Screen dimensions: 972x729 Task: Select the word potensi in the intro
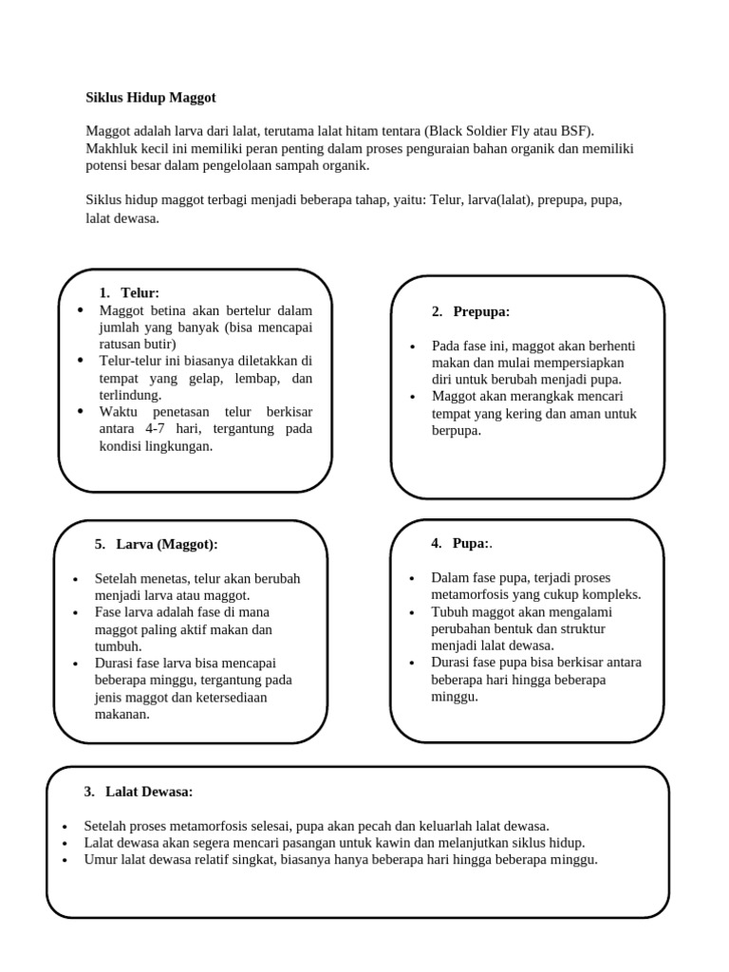[x=107, y=164]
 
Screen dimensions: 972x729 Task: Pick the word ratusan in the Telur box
[x=121, y=344]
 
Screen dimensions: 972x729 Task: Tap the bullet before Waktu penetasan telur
[x=80, y=412]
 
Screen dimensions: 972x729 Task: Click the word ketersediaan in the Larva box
[x=228, y=697]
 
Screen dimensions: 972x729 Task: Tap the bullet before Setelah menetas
[x=75, y=578]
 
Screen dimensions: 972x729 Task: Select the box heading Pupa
[x=470, y=543]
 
